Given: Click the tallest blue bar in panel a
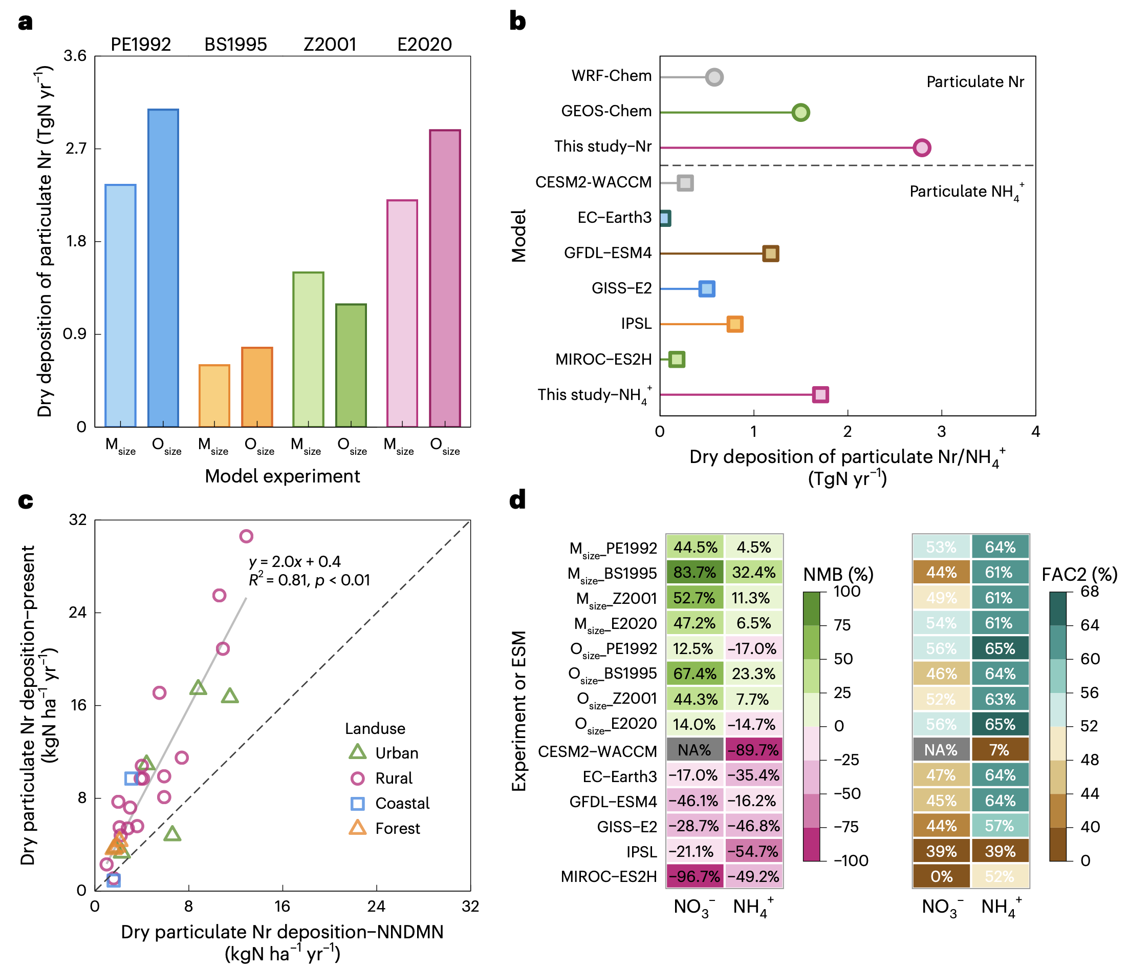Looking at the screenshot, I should (x=163, y=267).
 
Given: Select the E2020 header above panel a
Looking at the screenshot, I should (x=424, y=44).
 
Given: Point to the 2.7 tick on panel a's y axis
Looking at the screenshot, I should (x=76, y=148).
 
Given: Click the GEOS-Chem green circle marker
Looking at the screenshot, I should (x=800, y=112).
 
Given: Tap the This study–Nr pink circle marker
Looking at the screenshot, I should (x=921, y=148).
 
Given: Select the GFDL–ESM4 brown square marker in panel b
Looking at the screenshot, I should (x=770, y=254).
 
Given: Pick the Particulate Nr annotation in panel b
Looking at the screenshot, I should (x=974, y=82).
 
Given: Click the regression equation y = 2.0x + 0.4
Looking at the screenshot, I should (x=294, y=562).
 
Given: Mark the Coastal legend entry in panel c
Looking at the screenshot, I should (x=402, y=804).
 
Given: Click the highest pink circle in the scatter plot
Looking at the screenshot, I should (x=246, y=537).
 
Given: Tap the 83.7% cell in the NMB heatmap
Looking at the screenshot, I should (x=694, y=573).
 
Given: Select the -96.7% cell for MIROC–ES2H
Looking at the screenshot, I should (x=694, y=876).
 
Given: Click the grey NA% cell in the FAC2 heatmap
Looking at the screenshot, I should (x=941, y=750).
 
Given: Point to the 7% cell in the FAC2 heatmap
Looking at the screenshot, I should (x=1000, y=750).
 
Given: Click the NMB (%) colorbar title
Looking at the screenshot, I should (x=838, y=574).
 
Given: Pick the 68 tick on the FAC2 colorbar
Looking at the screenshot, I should (x=1089, y=592).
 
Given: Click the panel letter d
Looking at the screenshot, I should (x=517, y=499).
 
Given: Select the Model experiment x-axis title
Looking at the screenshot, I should (x=282, y=476).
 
